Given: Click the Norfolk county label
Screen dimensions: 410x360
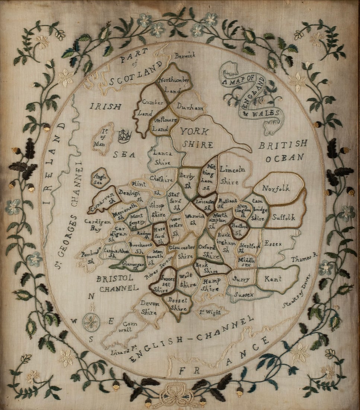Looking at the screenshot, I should coord(276,189).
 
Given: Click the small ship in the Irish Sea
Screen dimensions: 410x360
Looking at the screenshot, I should coord(125,136).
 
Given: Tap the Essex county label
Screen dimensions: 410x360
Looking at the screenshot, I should coord(273,244).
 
